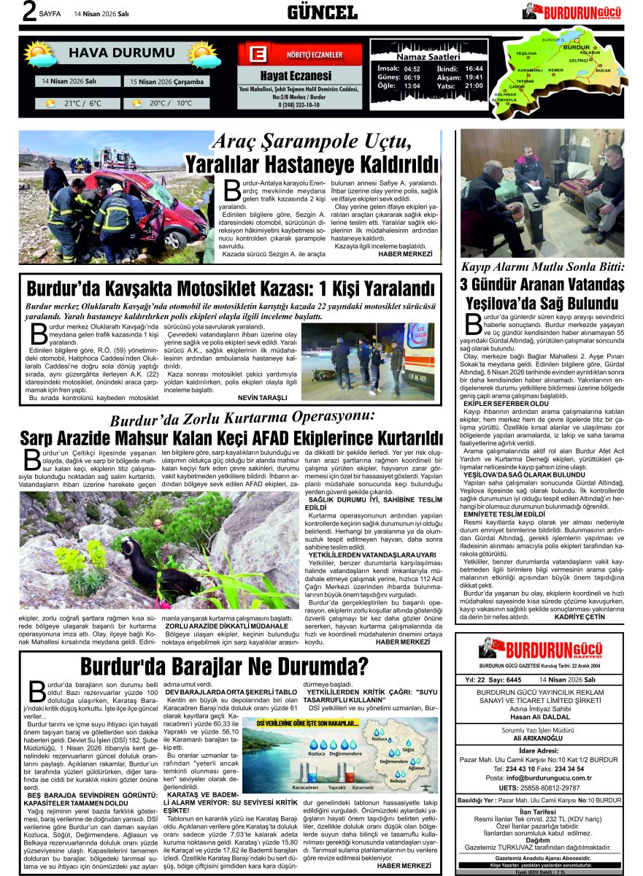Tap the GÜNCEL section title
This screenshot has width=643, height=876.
[322, 12]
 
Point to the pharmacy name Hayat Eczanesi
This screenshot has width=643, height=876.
[296, 76]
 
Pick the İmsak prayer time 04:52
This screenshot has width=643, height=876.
[412, 69]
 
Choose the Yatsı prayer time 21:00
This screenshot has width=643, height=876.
[474, 85]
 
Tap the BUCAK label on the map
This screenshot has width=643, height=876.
[603, 70]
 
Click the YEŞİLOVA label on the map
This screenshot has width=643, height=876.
[525, 54]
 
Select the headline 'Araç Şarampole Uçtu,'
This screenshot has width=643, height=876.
[334, 140]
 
